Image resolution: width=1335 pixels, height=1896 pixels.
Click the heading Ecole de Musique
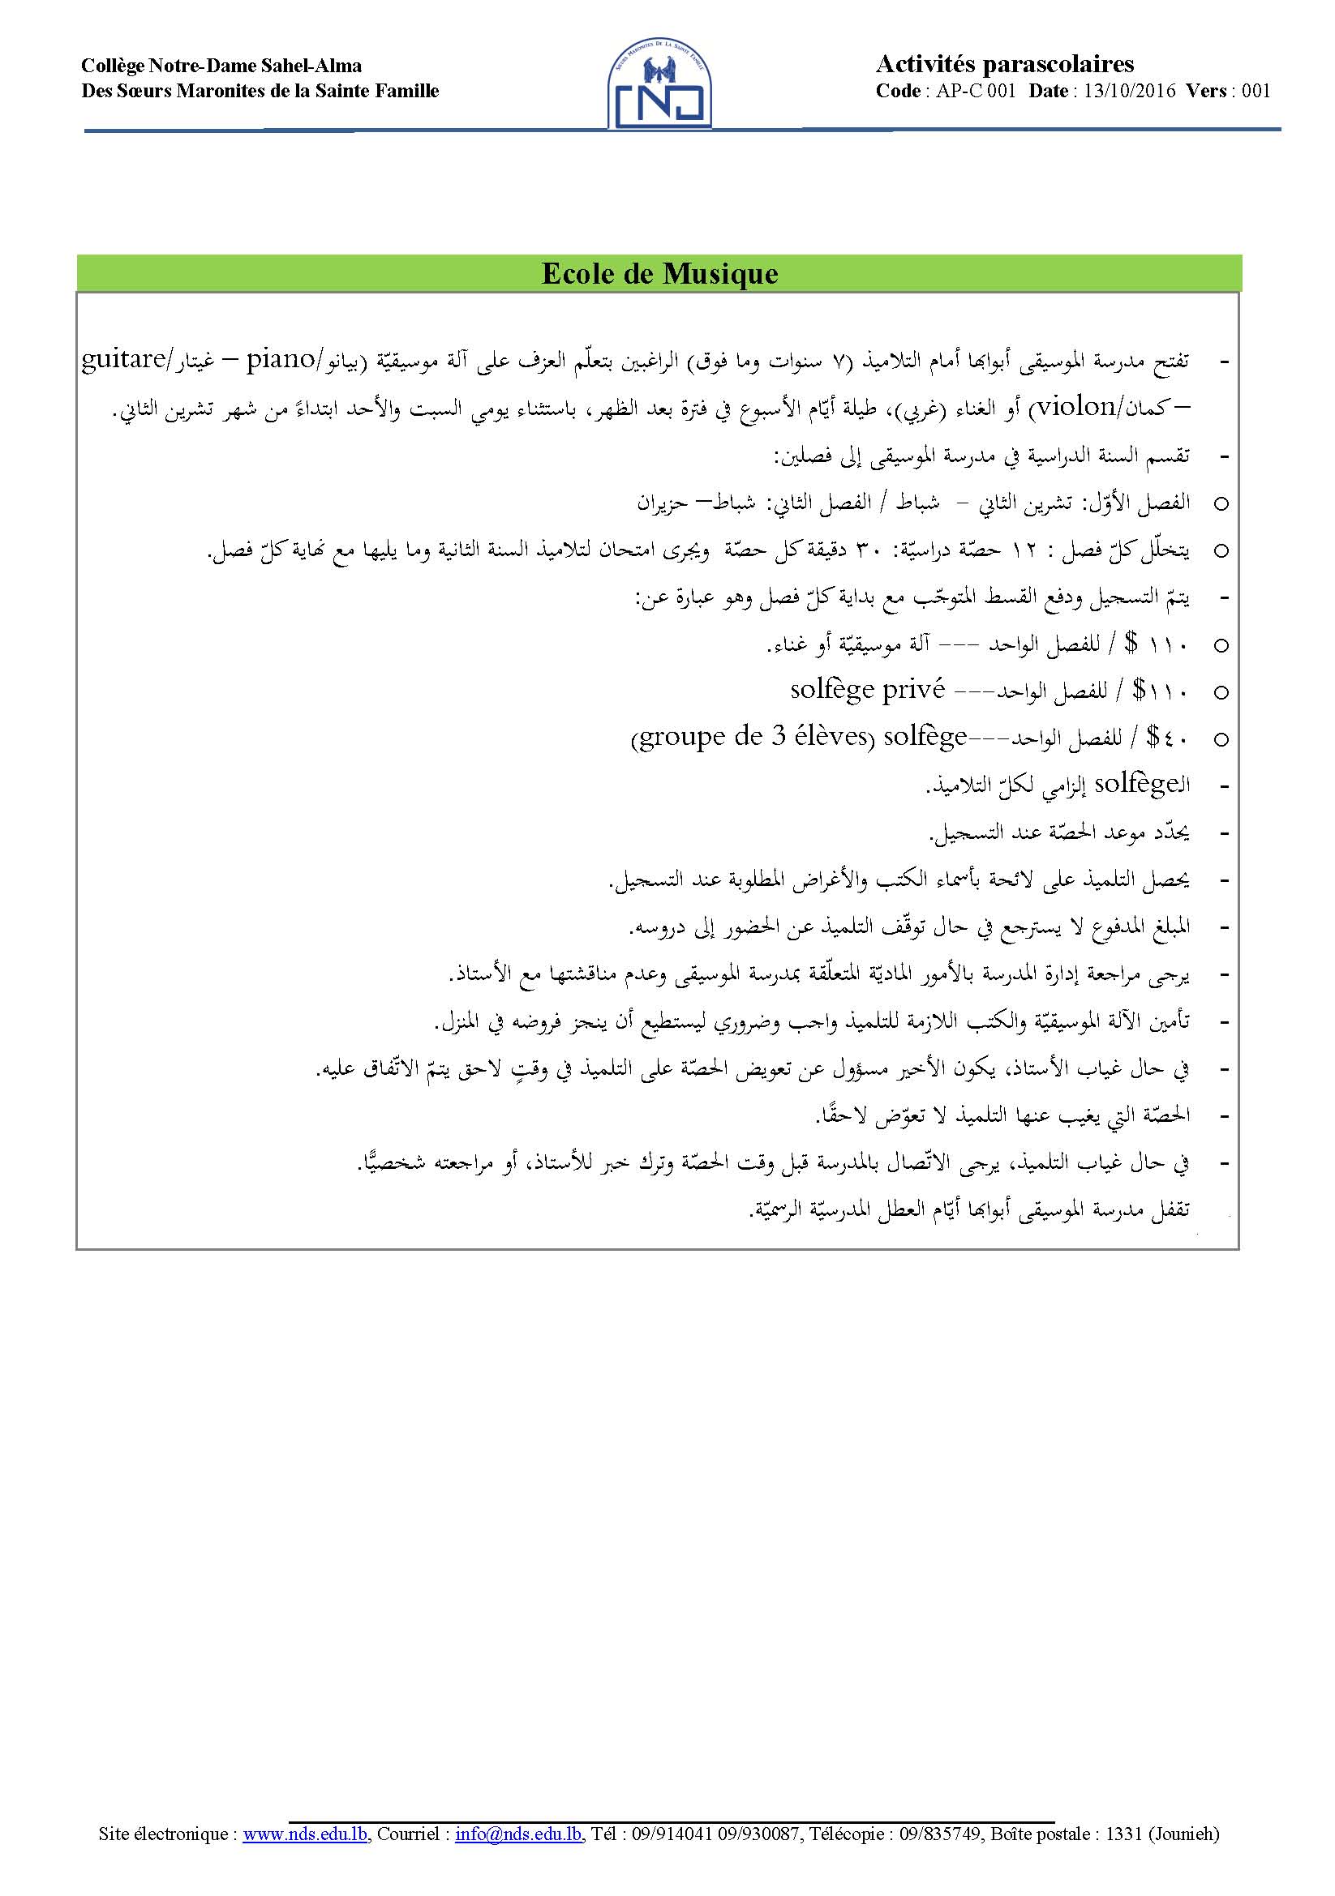(659, 273)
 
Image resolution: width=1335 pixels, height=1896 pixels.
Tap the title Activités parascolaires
(1005, 64)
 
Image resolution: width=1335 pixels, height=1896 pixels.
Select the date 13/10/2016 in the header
(1129, 91)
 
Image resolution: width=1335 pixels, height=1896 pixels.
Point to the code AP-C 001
(976, 91)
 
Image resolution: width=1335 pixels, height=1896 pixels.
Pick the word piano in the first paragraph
(280, 360)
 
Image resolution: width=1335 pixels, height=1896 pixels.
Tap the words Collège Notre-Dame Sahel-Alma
(221, 66)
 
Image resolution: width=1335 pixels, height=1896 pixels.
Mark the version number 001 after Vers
(1256, 91)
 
